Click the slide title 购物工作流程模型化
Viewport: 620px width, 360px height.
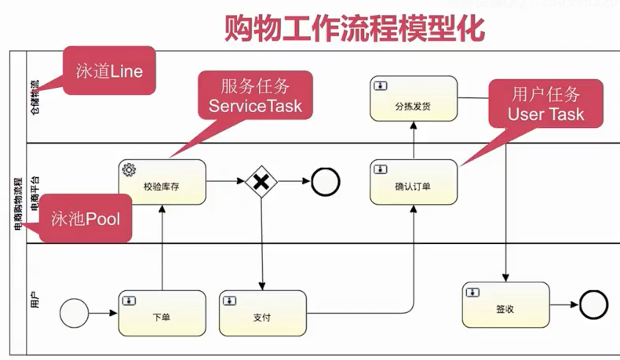click(355, 29)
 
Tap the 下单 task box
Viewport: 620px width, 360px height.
click(162, 313)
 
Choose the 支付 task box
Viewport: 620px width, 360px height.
click(262, 313)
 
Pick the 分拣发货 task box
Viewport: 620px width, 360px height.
click(413, 98)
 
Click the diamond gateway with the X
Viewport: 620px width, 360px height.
click(261, 182)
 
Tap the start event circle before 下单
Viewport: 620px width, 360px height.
click(74, 313)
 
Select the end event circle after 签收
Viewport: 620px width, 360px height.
click(594, 305)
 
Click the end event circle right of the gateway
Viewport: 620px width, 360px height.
click(326, 182)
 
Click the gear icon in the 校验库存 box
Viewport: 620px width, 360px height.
click(129, 169)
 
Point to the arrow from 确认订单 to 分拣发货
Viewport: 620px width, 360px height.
click(413, 140)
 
